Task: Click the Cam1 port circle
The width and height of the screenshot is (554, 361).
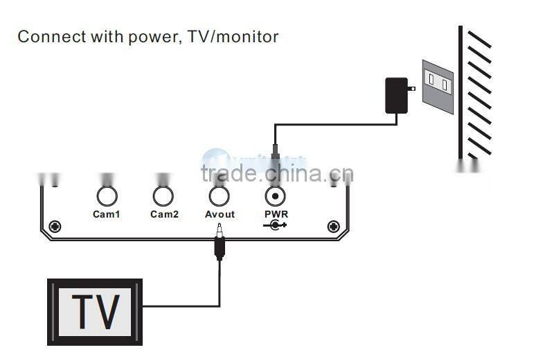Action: coord(106,196)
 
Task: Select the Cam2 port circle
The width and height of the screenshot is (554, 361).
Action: coord(163,196)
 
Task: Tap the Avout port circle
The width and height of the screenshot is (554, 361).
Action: coord(220,196)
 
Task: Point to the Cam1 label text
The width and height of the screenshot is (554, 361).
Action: coord(106,215)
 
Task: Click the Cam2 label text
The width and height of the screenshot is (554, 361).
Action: coord(164,215)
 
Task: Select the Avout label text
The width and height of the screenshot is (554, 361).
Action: coord(220,215)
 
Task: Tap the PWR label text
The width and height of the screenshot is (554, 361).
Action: coord(276,215)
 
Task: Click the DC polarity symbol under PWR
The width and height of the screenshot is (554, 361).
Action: coord(275,224)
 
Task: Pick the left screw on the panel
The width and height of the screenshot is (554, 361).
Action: coord(55,226)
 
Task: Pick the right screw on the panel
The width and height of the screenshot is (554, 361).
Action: coord(333,226)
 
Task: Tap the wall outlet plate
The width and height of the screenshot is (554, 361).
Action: coord(438,86)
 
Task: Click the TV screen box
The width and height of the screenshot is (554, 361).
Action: coord(95,312)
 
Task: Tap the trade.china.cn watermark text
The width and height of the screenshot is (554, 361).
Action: coord(277,173)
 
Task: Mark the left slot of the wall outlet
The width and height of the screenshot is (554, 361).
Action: coord(431,80)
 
